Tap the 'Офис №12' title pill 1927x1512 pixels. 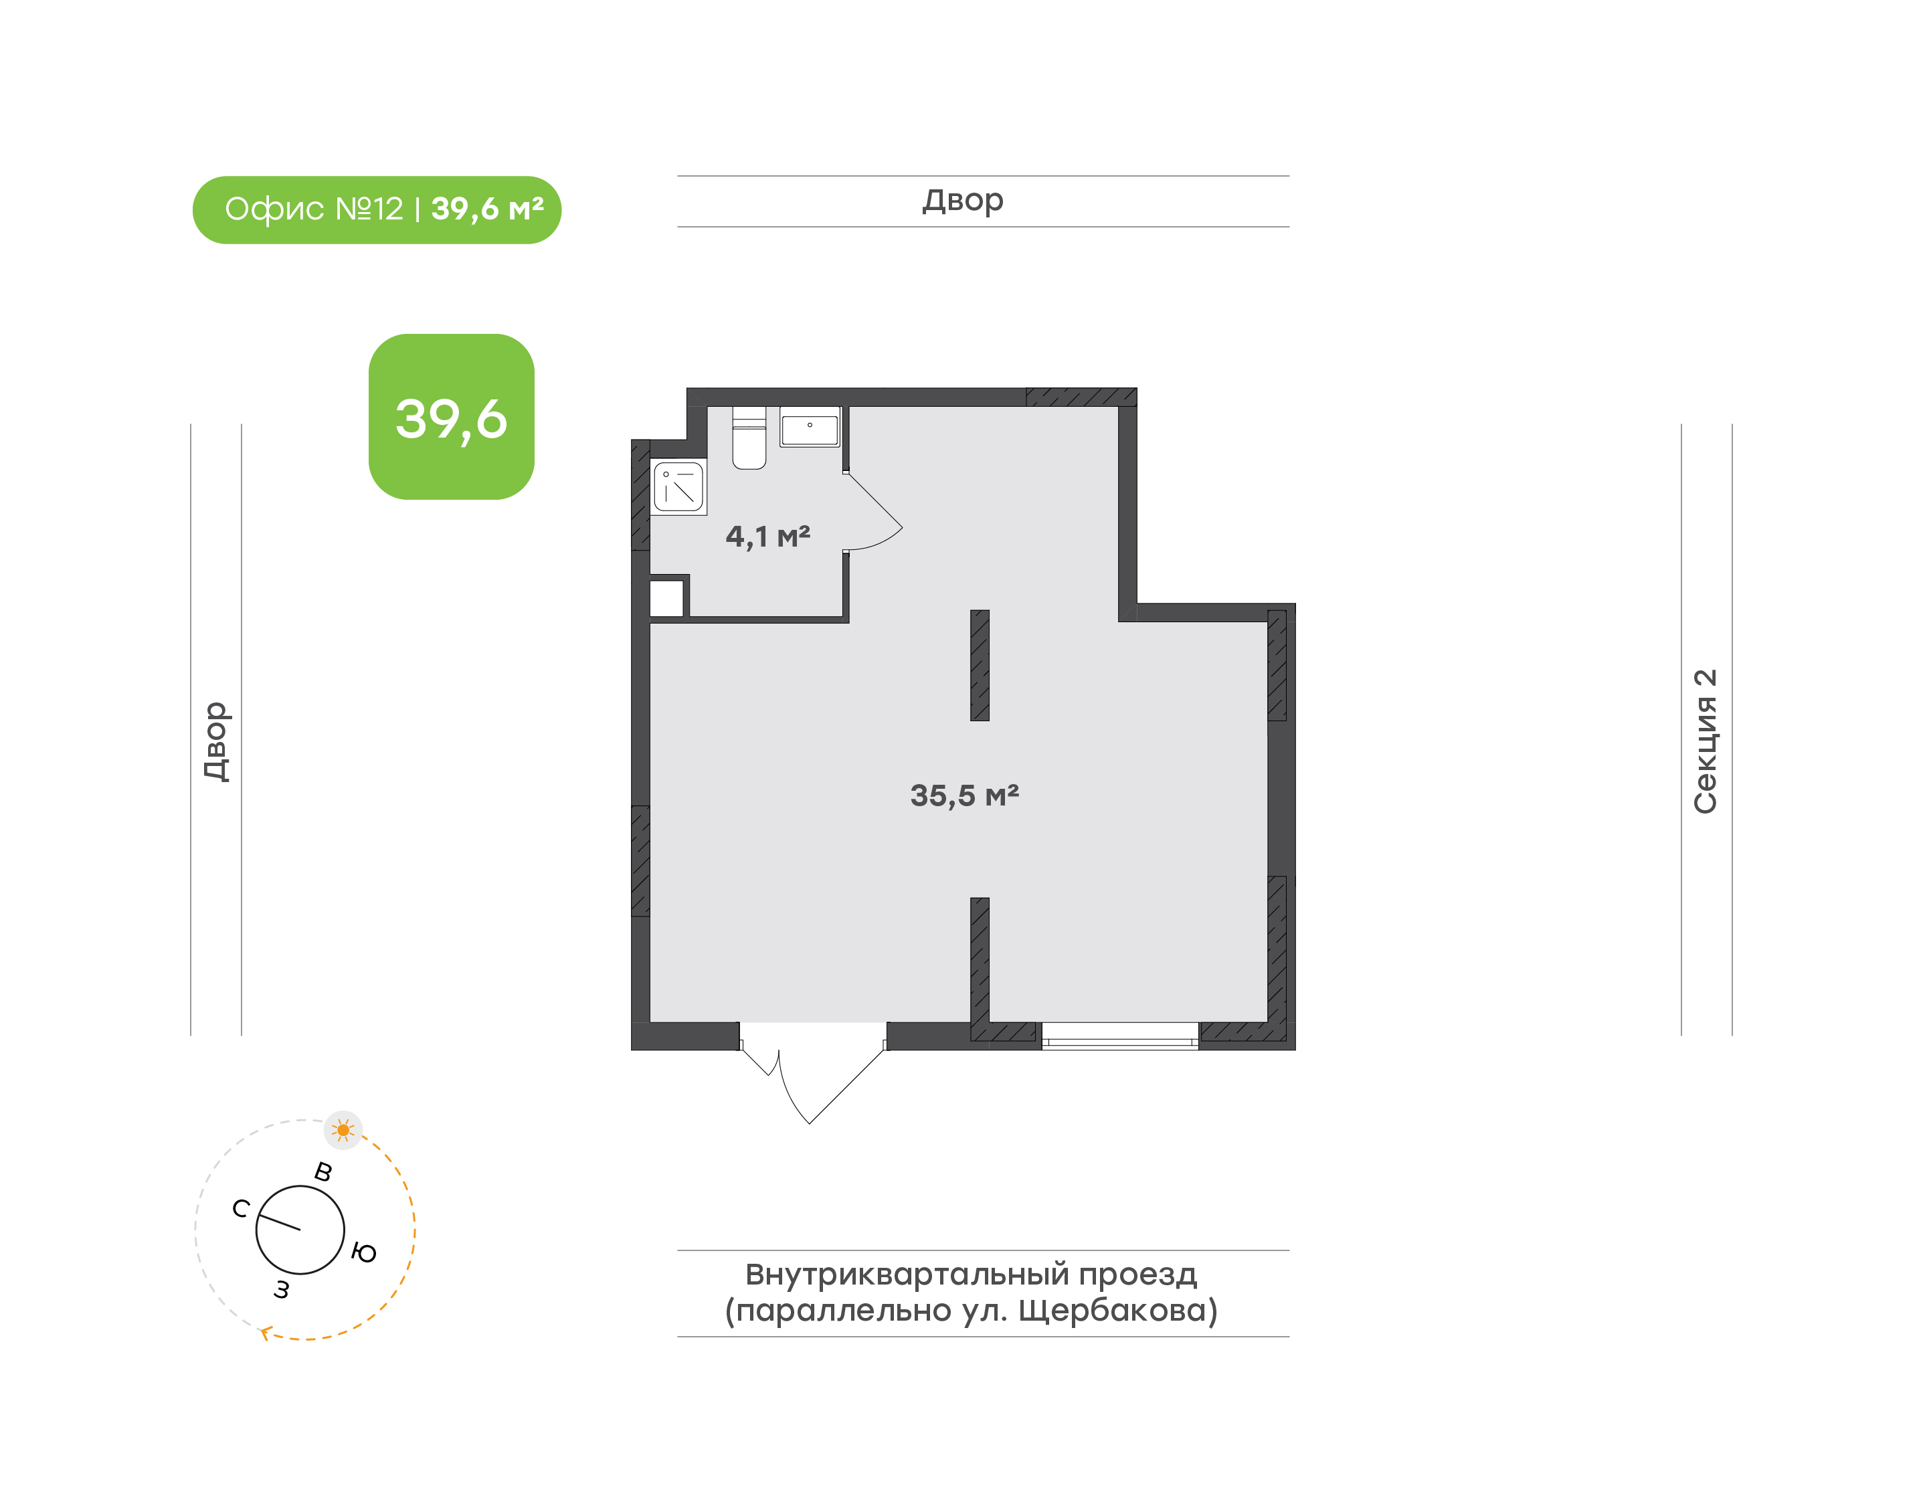pos(377,210)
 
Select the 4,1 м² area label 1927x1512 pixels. pos(767,537)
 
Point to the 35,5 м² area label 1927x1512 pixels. pos(964,795)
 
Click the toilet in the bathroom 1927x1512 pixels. pos(749,438)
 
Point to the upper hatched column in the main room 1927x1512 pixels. pos(979,665)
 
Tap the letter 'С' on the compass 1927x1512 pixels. pos(241,1208)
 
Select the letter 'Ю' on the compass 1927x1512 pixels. pos(364,1252)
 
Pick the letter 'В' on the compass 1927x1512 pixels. pos(323,1172)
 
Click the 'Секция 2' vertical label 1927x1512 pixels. pos(1705,741)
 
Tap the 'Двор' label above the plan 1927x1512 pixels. pos(963,201)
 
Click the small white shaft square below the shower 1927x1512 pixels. pos(666,598)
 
